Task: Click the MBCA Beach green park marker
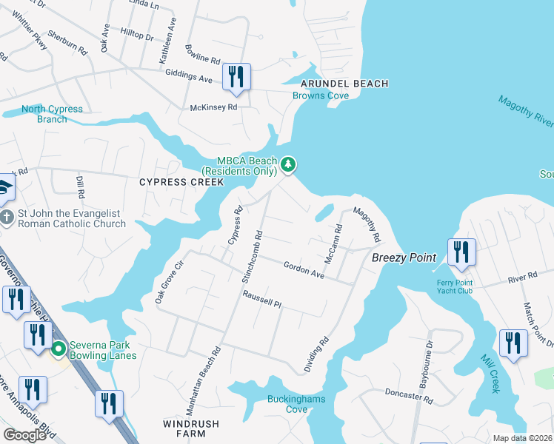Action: tap(288, 164)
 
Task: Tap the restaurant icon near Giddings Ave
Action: tap(236, 77)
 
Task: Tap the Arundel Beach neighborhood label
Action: tap(344, 84)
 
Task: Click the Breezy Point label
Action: tap(400, 258)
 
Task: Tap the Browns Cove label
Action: tap(320, 95)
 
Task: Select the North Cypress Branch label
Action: tap(52, 114)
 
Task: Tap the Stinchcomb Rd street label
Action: tap(252, 252)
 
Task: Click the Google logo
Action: tap(24, 434)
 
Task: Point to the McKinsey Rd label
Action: tap(213, 107)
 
